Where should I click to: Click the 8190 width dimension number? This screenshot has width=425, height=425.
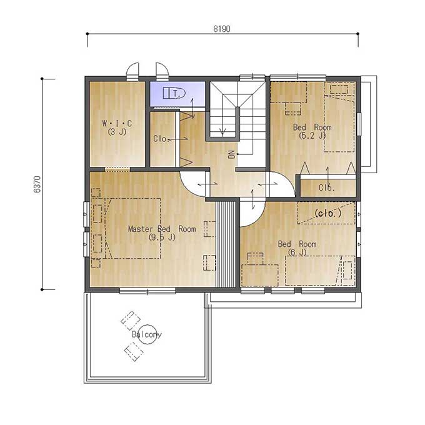[222, 29]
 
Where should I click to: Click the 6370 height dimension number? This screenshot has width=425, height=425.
[37, 184]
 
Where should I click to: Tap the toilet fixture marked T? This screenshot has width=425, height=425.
[174, 93]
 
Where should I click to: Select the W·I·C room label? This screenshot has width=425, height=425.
[117, 123]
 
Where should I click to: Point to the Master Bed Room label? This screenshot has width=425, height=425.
[162, 229]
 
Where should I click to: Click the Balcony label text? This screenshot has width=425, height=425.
[147, 334]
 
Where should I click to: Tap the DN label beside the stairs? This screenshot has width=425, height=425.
[231, 154]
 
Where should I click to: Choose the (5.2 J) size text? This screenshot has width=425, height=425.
[312, 135]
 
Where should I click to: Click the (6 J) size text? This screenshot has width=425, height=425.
[297, 252]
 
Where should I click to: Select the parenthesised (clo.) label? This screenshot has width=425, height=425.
[328, 213]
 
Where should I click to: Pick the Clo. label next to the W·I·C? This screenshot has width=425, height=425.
[161, 139]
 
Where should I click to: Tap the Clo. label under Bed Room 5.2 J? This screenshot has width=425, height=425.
[327, 187]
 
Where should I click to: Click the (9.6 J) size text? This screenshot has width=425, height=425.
[162, 237]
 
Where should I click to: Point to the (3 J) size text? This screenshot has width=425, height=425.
[117, 132]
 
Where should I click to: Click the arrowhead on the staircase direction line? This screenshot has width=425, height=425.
[222, 132]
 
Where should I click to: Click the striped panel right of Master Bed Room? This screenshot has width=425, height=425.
[226, 244]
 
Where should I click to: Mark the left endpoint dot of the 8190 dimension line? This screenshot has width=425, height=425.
[87, 34]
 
